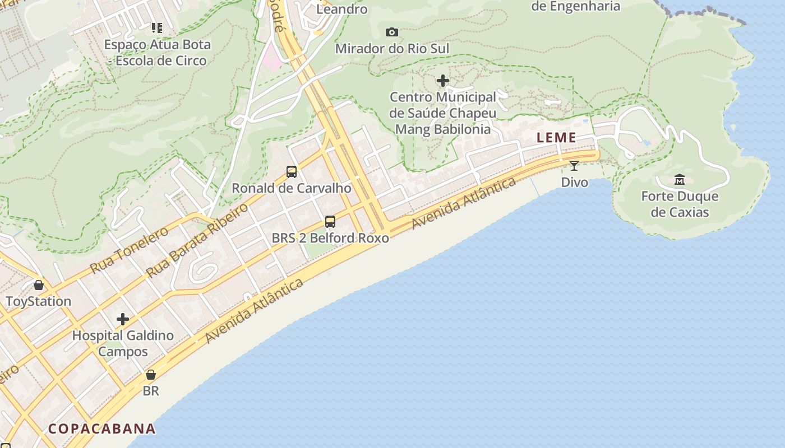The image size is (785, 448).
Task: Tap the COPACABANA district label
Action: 101,429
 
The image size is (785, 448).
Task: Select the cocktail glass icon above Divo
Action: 574,166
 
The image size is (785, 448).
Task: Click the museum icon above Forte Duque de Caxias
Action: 680,180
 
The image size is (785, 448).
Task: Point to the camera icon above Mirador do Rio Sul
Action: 392,32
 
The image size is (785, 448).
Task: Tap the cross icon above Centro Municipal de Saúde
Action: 443,81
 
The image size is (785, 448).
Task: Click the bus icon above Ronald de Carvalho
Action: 292,172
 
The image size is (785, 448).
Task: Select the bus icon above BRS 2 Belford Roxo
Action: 330,222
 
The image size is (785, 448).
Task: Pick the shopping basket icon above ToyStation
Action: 38,285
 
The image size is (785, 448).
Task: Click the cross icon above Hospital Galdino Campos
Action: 123,320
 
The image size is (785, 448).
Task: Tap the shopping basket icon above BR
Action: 150,375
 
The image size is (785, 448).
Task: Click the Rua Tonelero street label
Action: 129,249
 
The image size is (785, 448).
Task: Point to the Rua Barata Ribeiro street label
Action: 197,241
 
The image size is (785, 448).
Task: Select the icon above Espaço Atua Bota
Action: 156,27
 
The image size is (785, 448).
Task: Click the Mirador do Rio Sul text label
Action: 392,49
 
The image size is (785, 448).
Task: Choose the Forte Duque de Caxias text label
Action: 680,204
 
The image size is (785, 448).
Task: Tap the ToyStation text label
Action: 39,301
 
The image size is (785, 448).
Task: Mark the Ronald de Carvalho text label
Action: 292,188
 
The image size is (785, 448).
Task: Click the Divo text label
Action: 575,182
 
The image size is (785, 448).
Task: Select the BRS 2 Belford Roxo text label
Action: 330,238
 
